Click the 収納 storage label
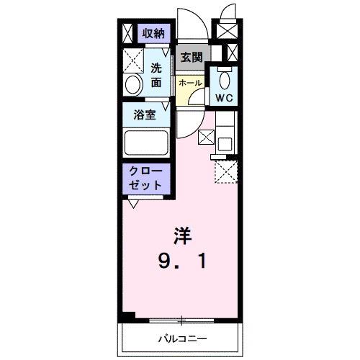click(x=153, y=33)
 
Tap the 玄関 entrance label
click(x=192, y=58)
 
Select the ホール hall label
click(x=191, y=84)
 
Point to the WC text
click(x=223, y=99)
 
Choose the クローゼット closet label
click(x=145, y=178)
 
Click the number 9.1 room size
click(x=183, y=262)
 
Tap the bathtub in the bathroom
click(x=145, y=142)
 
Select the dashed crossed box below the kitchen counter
click(x=227, y=172)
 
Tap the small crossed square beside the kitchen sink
click(x=206, y=135)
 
